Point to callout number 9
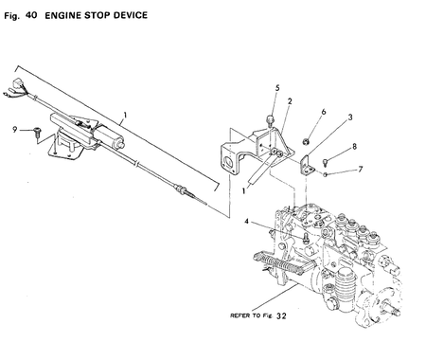15,127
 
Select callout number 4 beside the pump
248,223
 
